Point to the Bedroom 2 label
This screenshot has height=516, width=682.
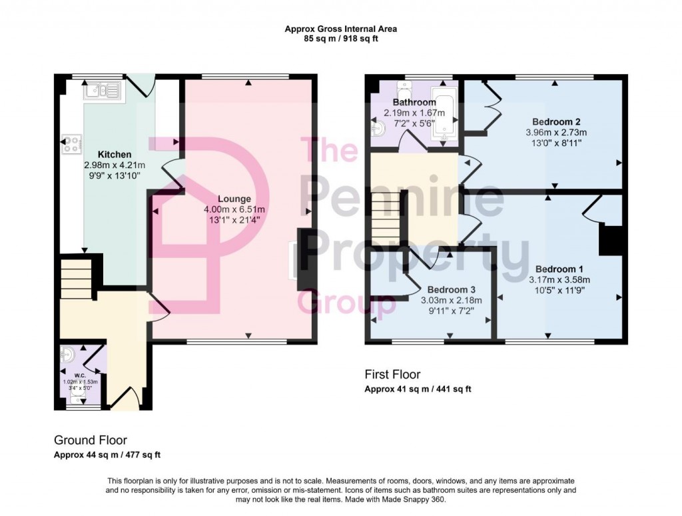[x=557, y=122]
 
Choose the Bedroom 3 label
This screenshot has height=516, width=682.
[x=451, y=290]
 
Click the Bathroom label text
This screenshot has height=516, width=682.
[x=414, y=103]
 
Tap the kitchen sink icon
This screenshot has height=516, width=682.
[x=102, y=90]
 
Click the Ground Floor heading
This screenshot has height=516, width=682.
[x=91, y=440]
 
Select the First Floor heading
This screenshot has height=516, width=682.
[x=392, y=375]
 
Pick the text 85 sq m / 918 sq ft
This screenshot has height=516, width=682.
[x=340, y=39]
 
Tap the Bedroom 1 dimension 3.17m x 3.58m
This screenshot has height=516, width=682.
[x=559, y=279]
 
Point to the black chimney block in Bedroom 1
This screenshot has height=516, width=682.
[x=610, y=240]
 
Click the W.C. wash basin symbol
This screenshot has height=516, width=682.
[x=67, y=355]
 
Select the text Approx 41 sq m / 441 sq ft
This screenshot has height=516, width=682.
[x=418, y=389]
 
